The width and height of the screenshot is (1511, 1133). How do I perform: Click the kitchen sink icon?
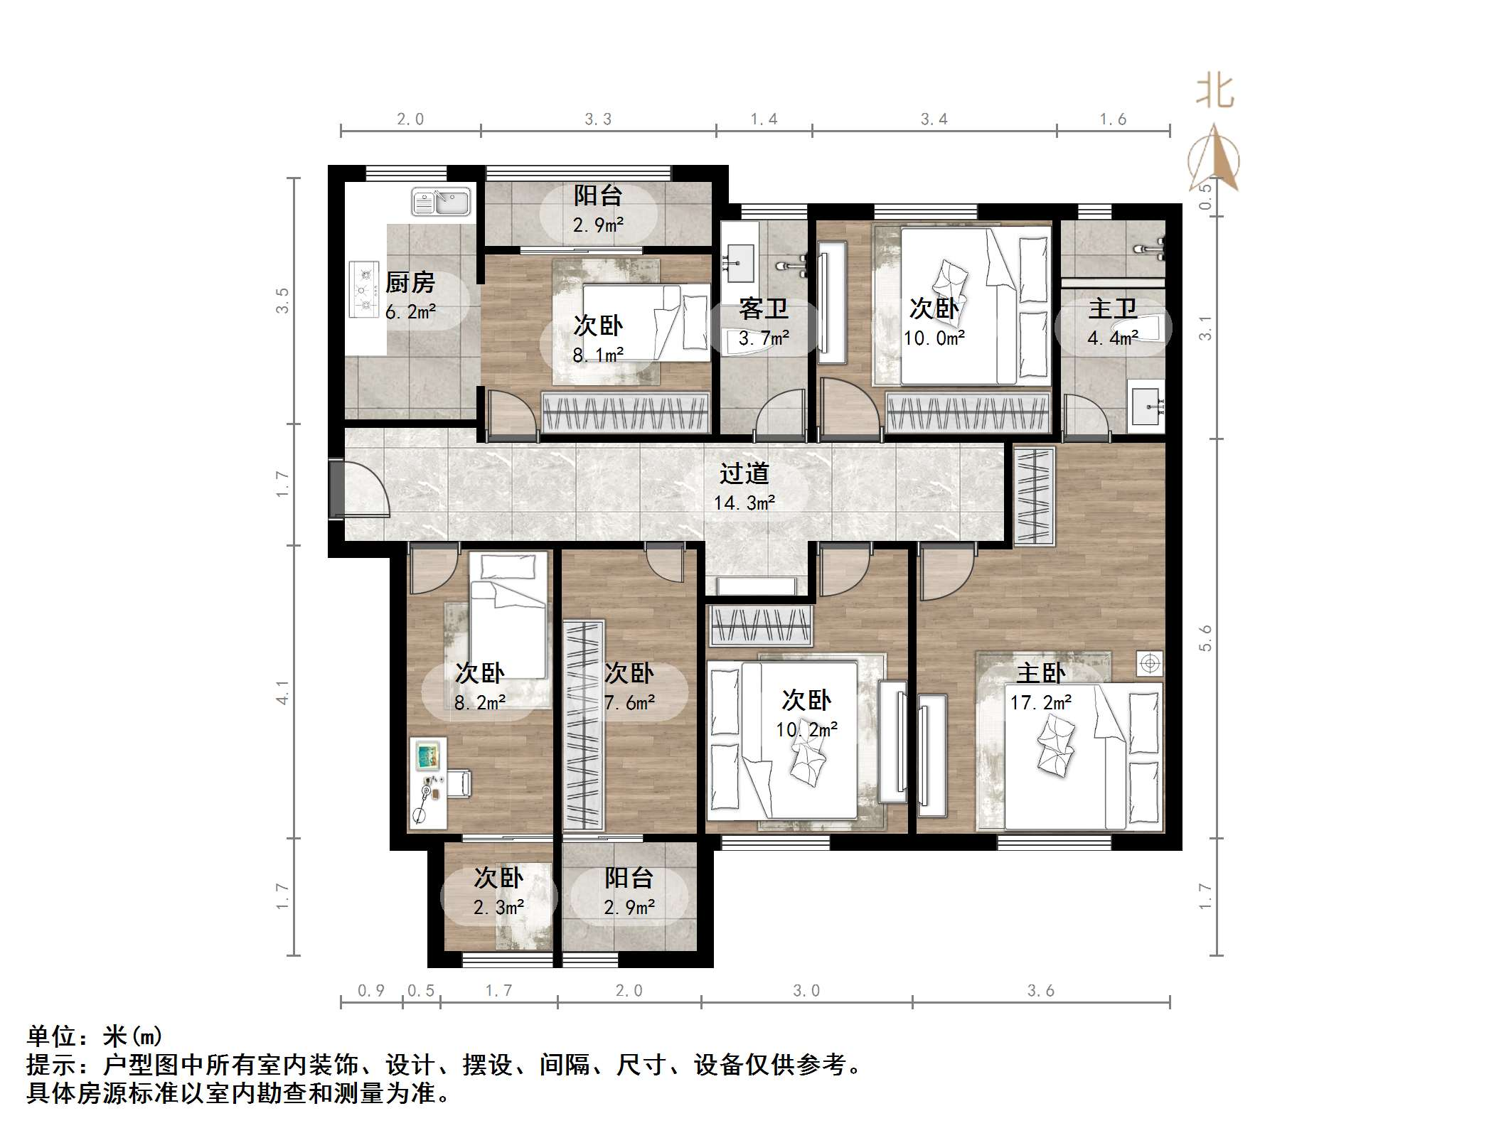click(x=441, y=202)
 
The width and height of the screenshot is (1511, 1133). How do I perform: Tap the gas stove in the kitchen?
click(x=365, y=290)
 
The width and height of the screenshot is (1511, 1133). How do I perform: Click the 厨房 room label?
click(x=410, y=283)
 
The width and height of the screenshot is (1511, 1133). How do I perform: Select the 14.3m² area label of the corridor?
click(x=744, y=503)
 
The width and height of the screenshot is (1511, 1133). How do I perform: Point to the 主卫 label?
click(x=1111, y=308)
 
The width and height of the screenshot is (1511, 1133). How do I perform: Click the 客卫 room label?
click(x=763, y=308)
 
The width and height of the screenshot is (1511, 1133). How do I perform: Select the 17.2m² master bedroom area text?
click(x=1040, y=703)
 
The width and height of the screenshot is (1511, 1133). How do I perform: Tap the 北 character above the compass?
click(x=1214, y=93)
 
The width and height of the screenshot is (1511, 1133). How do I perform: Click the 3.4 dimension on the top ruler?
click(x=934, y=119)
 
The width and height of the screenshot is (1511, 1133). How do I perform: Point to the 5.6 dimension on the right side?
click(x=1205, y=638)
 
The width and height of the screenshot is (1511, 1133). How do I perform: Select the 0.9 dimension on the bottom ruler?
click(x=370, y=990)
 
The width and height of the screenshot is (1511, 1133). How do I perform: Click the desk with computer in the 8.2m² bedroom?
click(x=428, y=783)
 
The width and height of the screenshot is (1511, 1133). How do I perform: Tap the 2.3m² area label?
click(x=498, y=908)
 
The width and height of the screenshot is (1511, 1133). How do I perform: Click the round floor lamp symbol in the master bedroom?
click(x=1149, y=664)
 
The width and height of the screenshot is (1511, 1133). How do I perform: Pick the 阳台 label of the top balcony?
click(x=598, y=195)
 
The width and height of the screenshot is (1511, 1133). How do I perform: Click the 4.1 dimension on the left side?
click(x=283, y=692)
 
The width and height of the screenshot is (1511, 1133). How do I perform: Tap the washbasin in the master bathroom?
click(x=1146, y=407)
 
